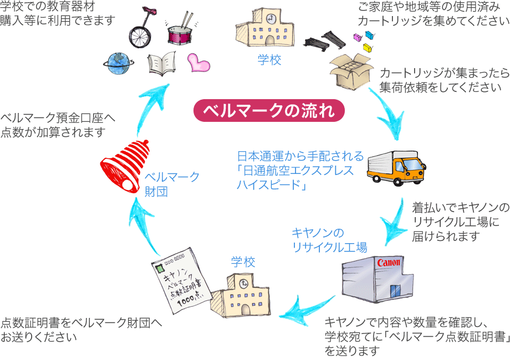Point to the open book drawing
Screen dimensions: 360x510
pyautogui.click(x=162, y=64)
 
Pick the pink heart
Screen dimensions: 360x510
pyautogui.click(x=198, y=62)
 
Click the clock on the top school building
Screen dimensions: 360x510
pyautogui.click(x=270, y=18)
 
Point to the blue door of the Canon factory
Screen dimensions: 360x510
pyautogui.click(x=394, y=291)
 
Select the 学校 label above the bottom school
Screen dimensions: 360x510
pyautogui.click(x=243, y=262)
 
